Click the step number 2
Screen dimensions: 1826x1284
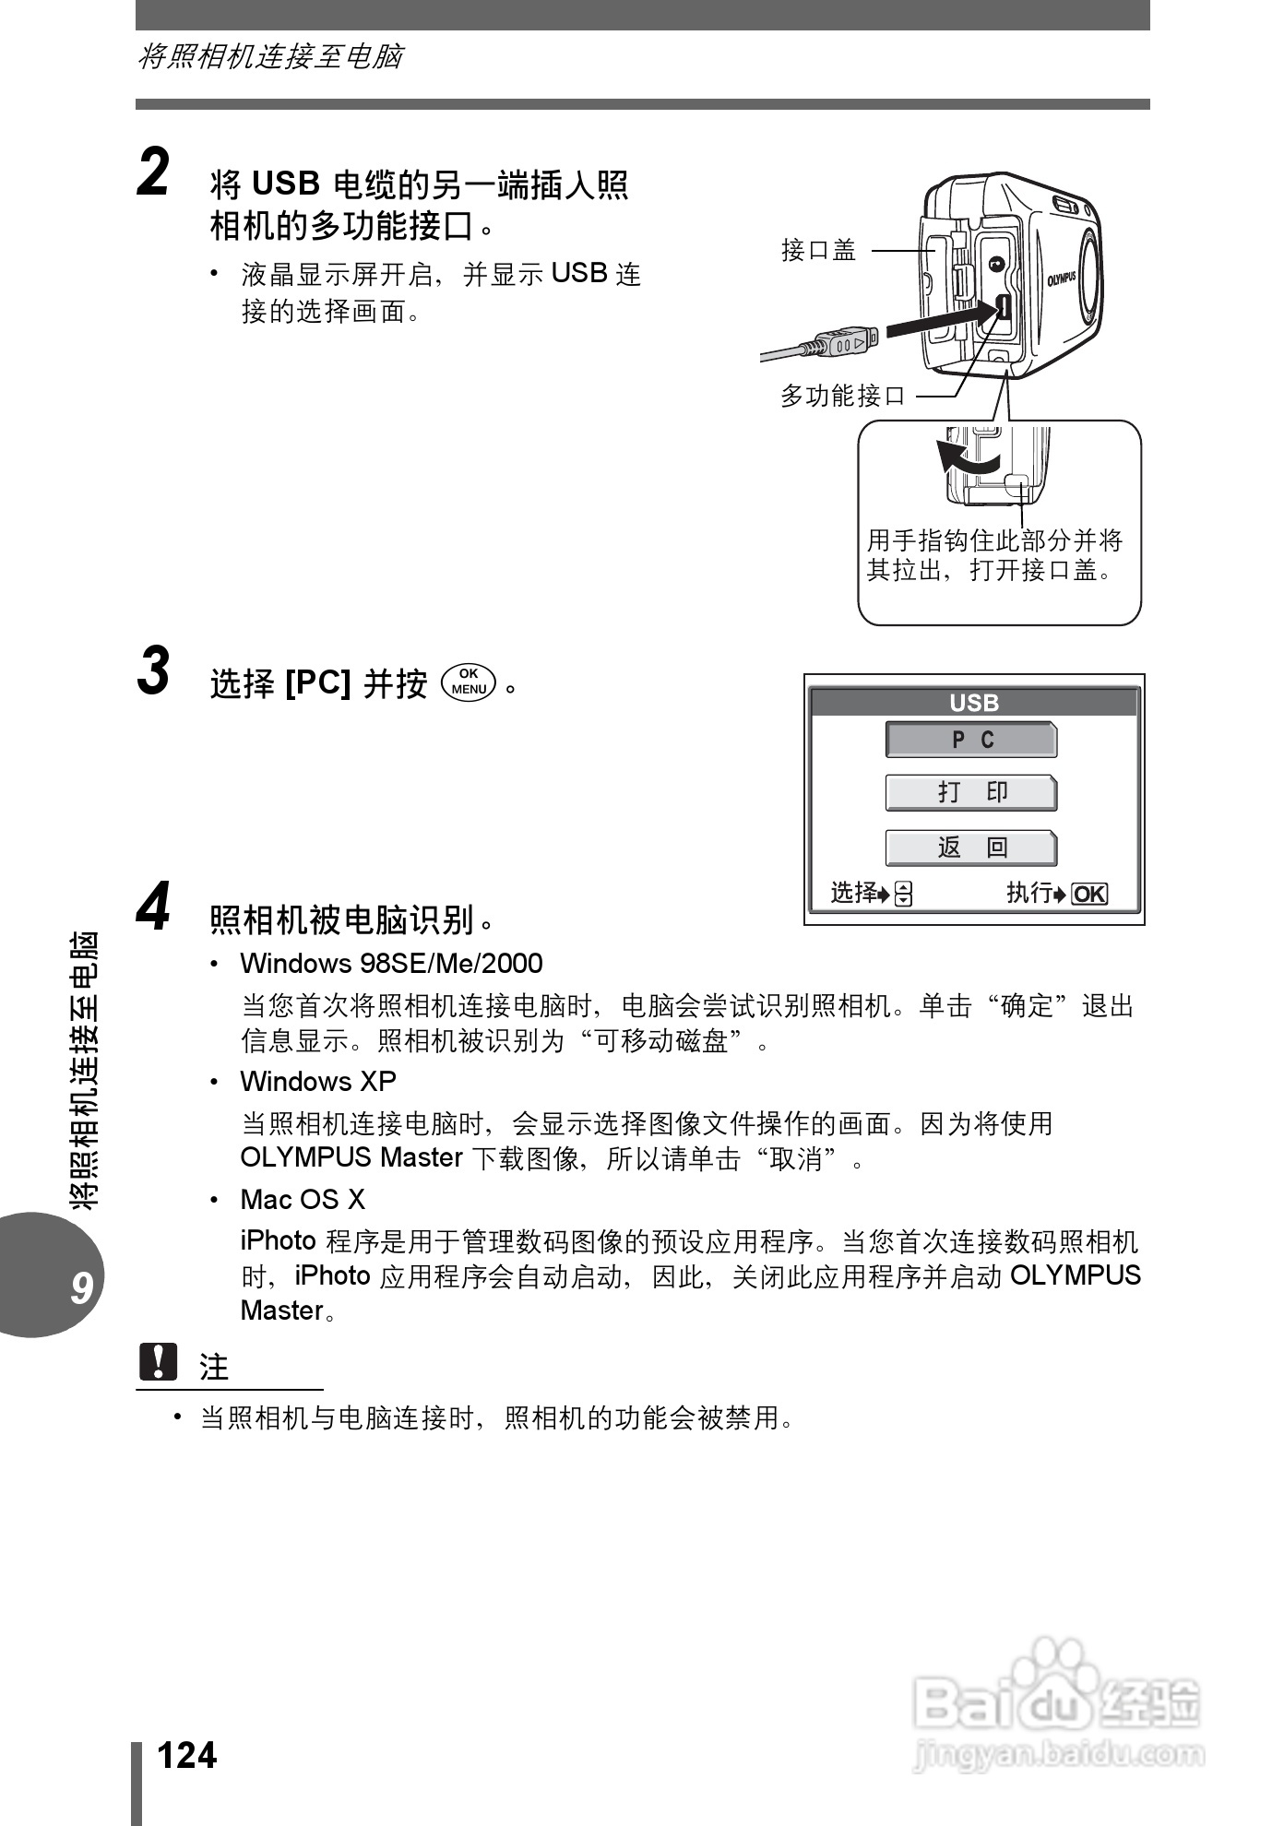154,173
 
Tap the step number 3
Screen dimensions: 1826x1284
154,671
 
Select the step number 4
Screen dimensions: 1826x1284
154,907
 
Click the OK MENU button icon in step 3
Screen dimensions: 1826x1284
470,682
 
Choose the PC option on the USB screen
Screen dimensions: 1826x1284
971,740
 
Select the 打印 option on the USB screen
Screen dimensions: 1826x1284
971,793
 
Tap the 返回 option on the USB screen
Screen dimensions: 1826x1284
971,848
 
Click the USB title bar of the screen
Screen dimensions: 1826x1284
974,703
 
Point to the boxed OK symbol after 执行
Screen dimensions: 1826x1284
1089,894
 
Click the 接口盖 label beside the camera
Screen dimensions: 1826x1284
818,250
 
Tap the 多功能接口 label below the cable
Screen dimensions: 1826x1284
843,397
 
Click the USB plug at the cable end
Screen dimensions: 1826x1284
845,342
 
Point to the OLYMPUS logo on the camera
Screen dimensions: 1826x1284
1062,278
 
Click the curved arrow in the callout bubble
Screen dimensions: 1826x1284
965,457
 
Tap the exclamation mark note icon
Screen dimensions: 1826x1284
158,1361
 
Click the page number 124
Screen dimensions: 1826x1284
187,1756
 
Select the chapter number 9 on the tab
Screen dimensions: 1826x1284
81,1287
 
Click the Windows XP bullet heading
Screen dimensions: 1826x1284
318,1081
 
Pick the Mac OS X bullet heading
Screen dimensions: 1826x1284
303,1199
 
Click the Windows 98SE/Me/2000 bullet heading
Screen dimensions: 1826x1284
391,963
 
